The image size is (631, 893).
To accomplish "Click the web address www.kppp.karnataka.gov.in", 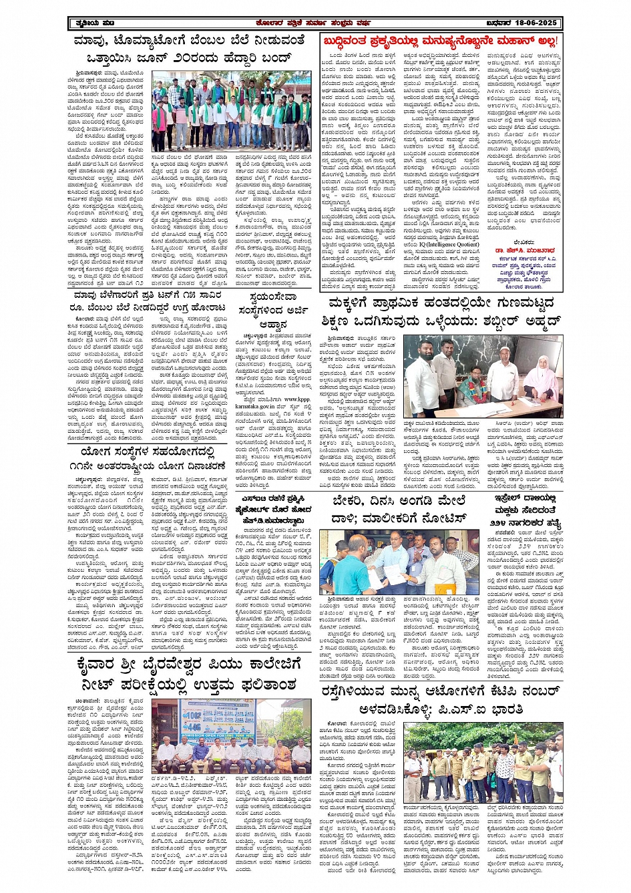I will pyautogui.click(x=274, y=402).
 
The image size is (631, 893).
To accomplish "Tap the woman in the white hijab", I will pyautogui.click(x=542, y=377).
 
